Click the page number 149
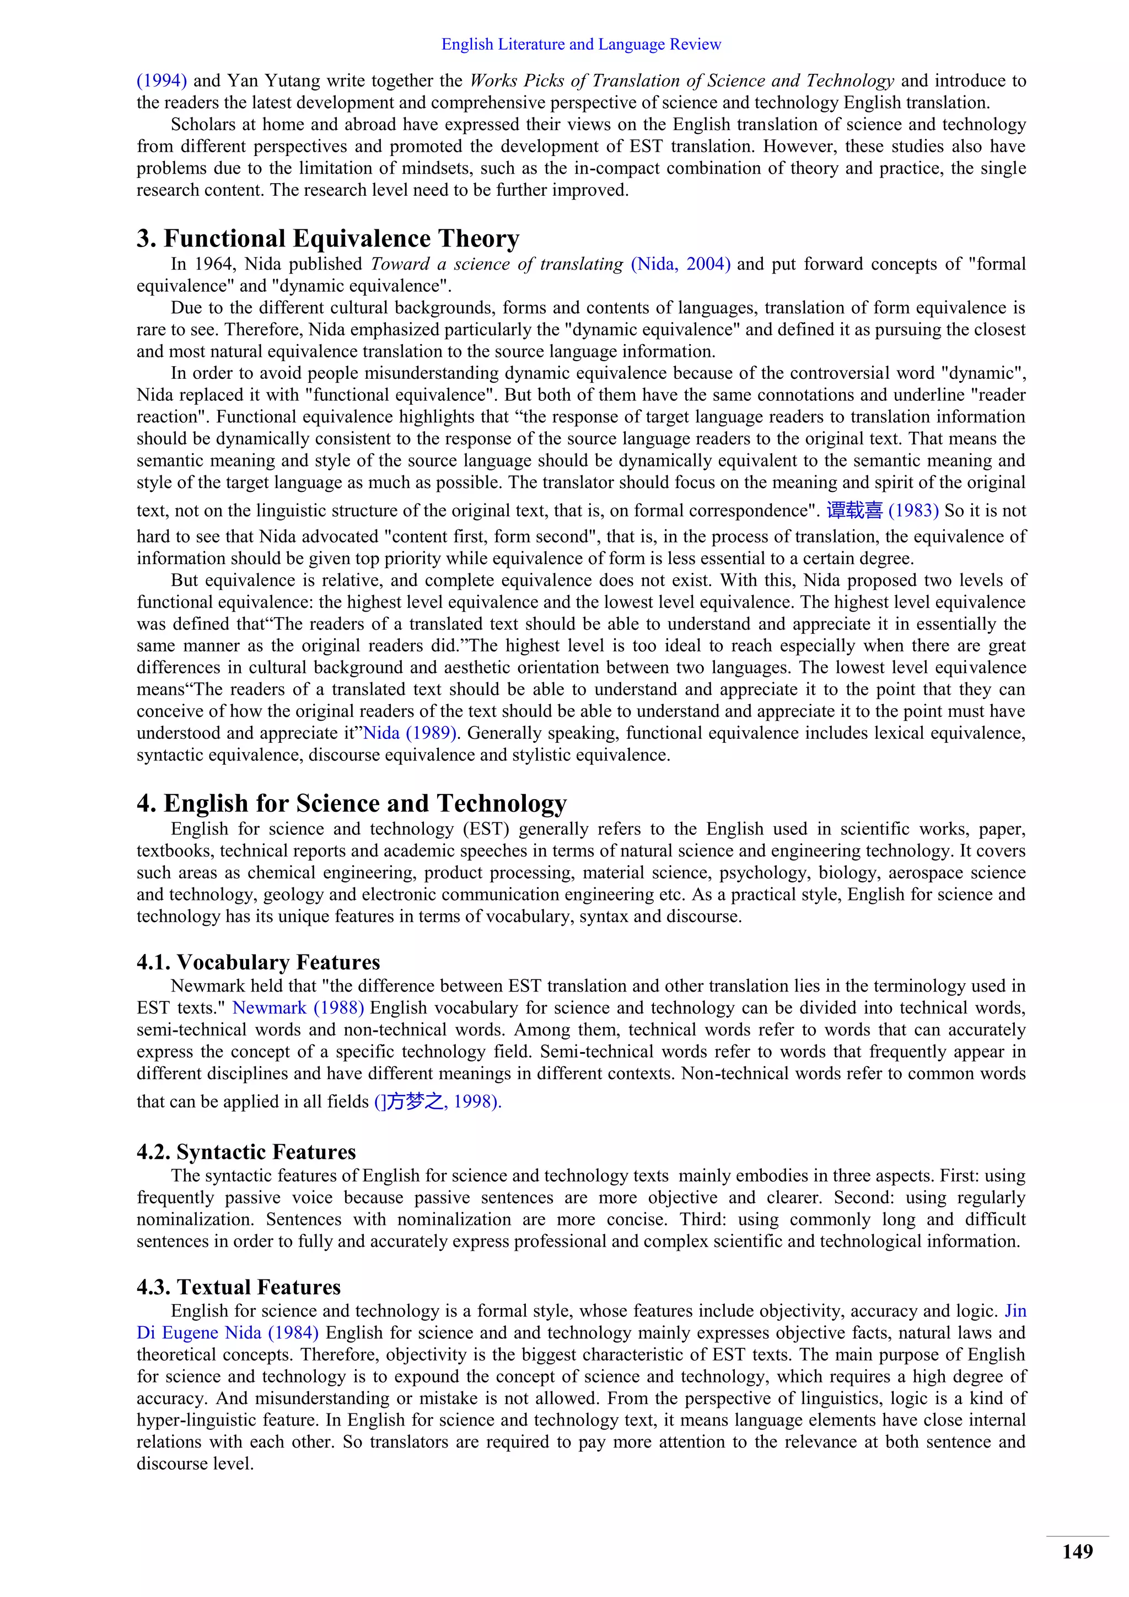1077,1552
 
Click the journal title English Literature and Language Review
581,45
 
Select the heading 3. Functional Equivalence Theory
327,239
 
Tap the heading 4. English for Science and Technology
351,803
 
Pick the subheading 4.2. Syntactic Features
246,1152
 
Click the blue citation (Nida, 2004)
680,264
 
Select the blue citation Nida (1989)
410,733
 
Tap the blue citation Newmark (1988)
298,1008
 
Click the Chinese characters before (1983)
854,511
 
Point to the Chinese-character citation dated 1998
437,1102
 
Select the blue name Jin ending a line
1015,1311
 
